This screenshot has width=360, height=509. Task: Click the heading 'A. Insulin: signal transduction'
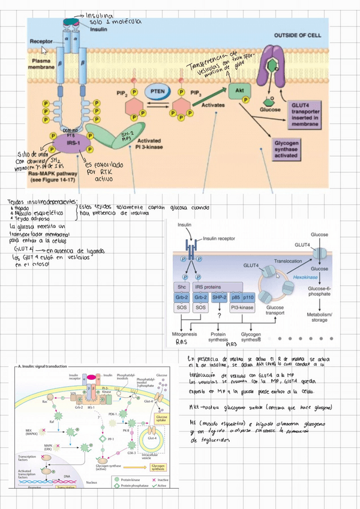(45, 366)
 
